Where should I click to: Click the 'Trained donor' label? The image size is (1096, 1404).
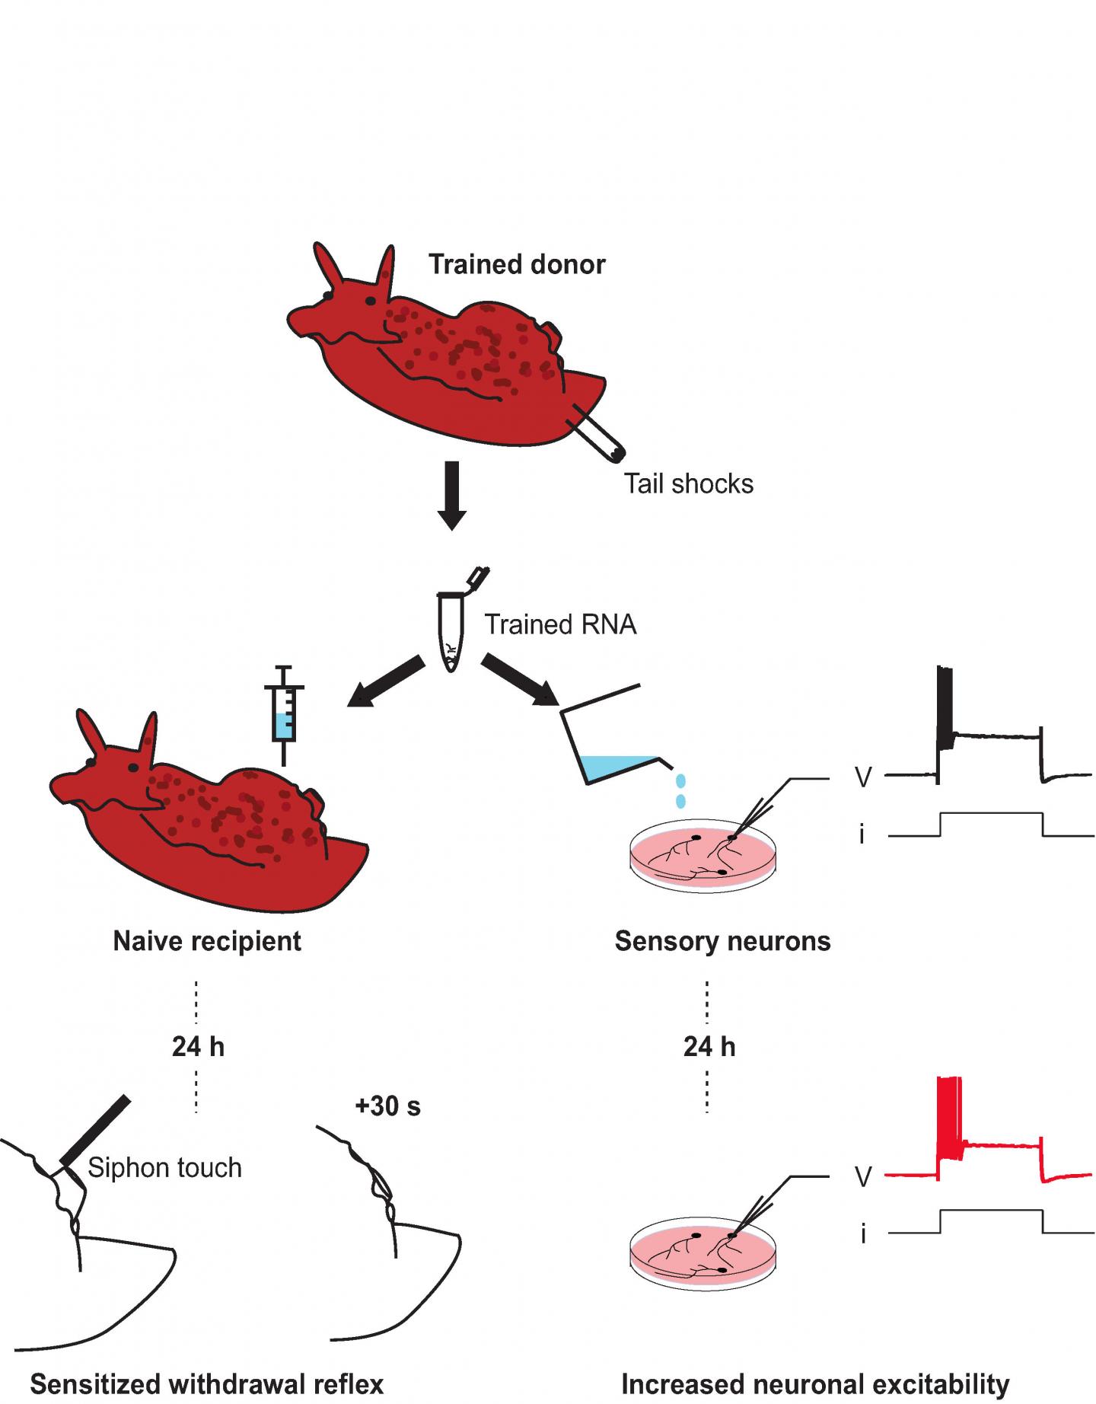517,264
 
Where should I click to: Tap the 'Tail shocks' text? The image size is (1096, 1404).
689,484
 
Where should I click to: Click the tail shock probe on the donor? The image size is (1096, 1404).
598,434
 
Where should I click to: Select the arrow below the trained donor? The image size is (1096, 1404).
452,495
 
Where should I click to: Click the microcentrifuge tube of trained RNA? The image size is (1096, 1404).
452,632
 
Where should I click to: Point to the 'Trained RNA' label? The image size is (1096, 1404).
560,624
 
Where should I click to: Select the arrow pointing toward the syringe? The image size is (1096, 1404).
386,681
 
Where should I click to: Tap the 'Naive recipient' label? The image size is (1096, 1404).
207,941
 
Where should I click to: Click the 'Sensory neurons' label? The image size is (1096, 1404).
722,941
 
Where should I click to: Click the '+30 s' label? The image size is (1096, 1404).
387,1106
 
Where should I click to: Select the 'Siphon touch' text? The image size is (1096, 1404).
164,1168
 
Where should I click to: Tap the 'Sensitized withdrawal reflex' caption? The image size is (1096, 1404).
206,1383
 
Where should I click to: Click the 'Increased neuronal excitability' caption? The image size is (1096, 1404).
815,1383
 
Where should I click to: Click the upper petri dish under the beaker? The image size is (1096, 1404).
703,857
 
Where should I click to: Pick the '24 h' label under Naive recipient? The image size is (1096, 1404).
198,1047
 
